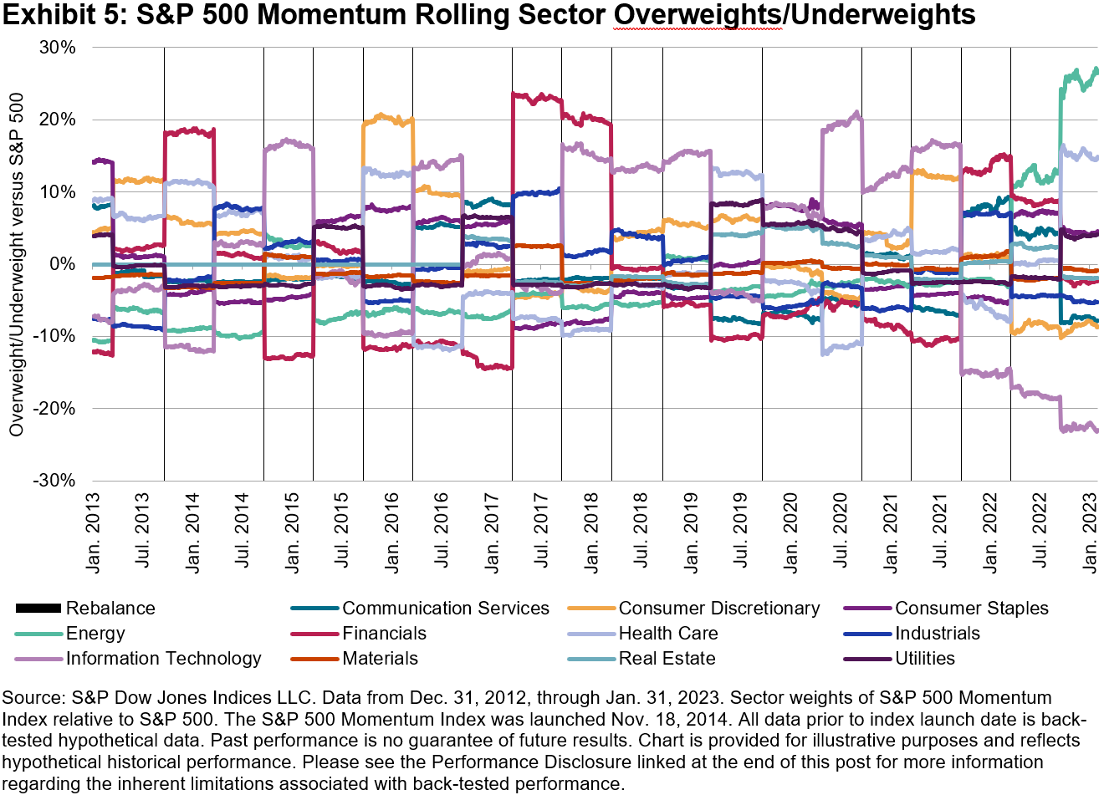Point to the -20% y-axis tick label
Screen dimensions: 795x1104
coord(54,409)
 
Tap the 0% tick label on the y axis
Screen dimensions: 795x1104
coord(64,264)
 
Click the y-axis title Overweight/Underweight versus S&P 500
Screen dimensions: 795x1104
coord(17,264)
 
